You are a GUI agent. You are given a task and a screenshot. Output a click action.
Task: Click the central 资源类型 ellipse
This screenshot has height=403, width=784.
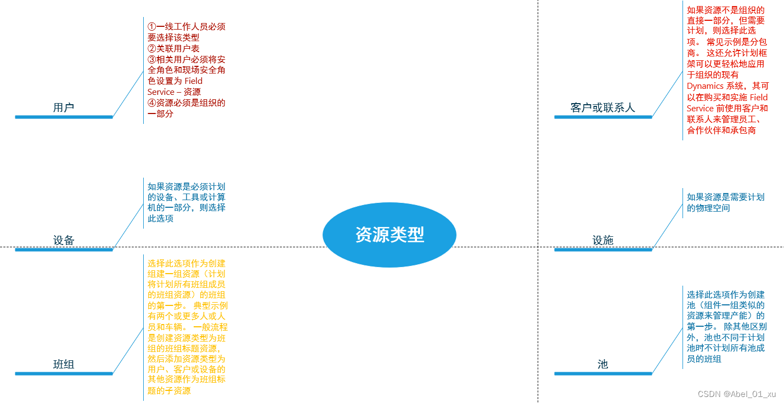[x=390, y=235]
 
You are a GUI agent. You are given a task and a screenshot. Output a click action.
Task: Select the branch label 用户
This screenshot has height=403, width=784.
[x=64, y=107]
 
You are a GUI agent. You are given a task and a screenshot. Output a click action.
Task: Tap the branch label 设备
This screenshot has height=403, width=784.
[x=64, y=240]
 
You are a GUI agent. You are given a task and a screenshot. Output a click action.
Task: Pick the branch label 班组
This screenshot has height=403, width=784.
[x=64, y=364]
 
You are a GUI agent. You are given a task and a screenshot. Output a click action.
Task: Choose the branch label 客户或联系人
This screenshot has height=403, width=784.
[x=602, y=107]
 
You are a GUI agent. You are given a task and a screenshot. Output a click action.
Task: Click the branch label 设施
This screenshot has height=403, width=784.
[x=602, y=240]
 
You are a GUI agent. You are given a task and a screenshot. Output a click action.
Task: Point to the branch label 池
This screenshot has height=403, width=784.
[x=602, y=364]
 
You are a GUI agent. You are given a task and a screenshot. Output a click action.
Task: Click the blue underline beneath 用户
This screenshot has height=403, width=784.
[x=64, y=117]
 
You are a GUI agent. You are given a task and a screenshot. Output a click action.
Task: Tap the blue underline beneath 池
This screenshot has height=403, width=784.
[x=602, y=373]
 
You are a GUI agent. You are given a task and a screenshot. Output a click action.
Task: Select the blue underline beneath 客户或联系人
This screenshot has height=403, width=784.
[x=602, y=117]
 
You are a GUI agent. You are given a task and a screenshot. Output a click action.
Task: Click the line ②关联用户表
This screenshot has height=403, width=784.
[x=173, y=48]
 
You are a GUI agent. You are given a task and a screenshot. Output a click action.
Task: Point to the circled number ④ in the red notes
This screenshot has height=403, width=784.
[x=152, y=103]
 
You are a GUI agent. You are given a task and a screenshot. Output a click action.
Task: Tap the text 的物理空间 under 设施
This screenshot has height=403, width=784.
[x=708, y=208]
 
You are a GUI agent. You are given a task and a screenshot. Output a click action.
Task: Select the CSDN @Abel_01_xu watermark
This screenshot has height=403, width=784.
[x=736, y=394]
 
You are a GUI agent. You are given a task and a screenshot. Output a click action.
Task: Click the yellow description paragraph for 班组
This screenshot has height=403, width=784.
[x=187, y=327]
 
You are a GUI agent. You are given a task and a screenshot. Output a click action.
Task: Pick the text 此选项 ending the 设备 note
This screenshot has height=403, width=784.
[x=160, y=218]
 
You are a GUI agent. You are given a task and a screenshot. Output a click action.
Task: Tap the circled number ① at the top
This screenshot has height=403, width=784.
[x=152, y=26]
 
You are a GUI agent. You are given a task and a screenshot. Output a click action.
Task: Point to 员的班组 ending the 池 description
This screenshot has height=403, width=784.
[x=704, y=359]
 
